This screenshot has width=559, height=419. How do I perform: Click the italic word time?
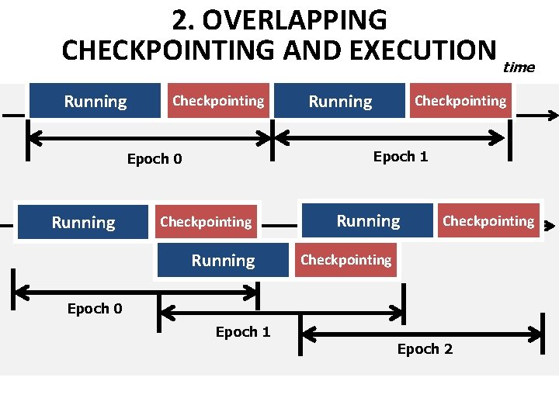pyautogui.click(x=519, y=67)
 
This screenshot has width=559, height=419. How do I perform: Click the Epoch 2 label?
pyautogui.click(x=425, y=349)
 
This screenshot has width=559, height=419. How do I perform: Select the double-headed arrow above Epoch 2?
pyautogui.click(x=423, y=333)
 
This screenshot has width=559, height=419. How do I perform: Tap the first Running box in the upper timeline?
pyautogui.click(x=95, y=101)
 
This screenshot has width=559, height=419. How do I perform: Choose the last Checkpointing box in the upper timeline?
pyautogui.click(x=460, y=101)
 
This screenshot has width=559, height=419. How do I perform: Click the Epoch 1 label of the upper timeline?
pyautogui.click(x=401, y=157)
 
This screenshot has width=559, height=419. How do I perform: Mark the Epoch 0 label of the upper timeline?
pyautogui.click(x=155, y=159)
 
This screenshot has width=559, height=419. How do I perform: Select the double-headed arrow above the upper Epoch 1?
pyautogui.click(x=393, y=138)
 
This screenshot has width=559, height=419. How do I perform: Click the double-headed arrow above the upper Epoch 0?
pyautogui.click(x=151, y=138)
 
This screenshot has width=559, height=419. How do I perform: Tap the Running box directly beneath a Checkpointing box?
pyautogui.click(x=223, y=261)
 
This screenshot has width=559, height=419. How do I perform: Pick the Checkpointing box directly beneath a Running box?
pyautogui.click(x=346, y=260)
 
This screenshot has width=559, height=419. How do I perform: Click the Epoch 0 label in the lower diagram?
pyautogui.click(x=95, y=309)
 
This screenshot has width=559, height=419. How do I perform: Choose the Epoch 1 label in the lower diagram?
pyautogui.click(x=243, y=332)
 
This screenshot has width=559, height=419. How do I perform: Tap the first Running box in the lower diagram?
pyautogui.click(x=83, y=223)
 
